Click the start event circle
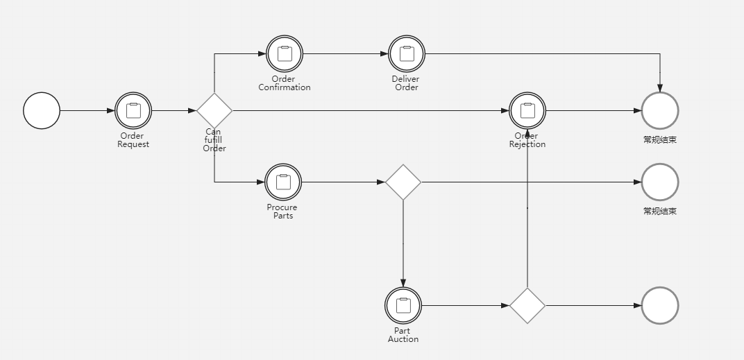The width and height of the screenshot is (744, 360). coord(42,110)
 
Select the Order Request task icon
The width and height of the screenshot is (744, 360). coord(133,110)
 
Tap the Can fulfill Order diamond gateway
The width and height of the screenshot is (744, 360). coord(214,110)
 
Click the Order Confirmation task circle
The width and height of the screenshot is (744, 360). coord(285,53)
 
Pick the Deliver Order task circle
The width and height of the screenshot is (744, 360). coord(407,53)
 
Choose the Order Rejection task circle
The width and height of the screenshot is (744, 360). coord(527,110)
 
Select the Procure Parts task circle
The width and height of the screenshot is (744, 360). coord(283,182)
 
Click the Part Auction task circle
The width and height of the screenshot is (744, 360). coord(403,305)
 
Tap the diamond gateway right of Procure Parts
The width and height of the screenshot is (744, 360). coord(403,182)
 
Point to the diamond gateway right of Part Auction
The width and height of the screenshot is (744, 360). coord(527,305)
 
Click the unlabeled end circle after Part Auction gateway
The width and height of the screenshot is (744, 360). coord(659,305)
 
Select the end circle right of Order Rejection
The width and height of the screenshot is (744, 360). coord(659,110)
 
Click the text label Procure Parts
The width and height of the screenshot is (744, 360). coord(282,212)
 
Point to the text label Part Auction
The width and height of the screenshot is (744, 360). coord(403,335)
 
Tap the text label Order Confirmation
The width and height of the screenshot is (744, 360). coord(285,83)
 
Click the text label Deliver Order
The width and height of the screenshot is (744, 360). coord(406,83)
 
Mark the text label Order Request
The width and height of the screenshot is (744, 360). coord(133,140)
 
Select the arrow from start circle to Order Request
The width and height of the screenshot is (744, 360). coord(87,110)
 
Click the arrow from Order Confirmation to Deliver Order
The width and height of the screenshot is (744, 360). coord(346,53)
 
